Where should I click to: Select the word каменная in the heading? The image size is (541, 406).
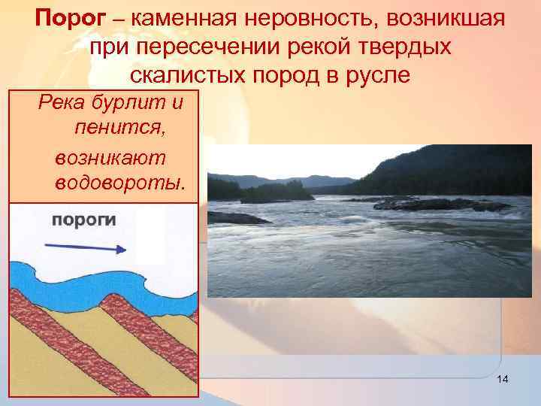[179, 18]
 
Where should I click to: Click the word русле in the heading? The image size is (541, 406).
[379, 75]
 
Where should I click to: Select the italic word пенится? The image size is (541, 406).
[120, 129]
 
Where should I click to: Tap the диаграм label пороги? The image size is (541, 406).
[83, 220]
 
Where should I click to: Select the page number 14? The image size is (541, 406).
[503, 380]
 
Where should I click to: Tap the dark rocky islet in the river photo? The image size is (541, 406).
[421, 203]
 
